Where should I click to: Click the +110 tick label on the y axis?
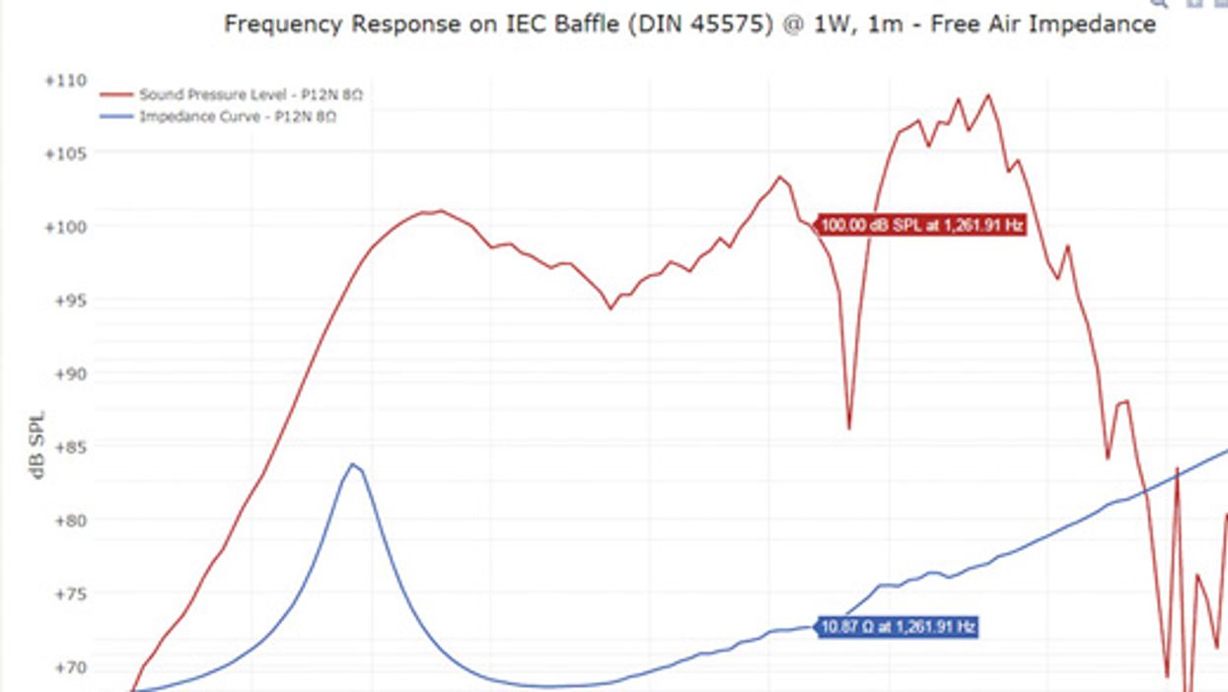click(66, 81)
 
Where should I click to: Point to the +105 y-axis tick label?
click(66, 154)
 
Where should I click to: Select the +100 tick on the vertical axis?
click(66, 227)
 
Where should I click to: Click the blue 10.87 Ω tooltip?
click(899, 627)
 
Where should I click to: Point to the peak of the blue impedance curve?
click(352, 463)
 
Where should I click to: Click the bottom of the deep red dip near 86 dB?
click(849, 428)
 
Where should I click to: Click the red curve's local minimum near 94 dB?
click(611, 309)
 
